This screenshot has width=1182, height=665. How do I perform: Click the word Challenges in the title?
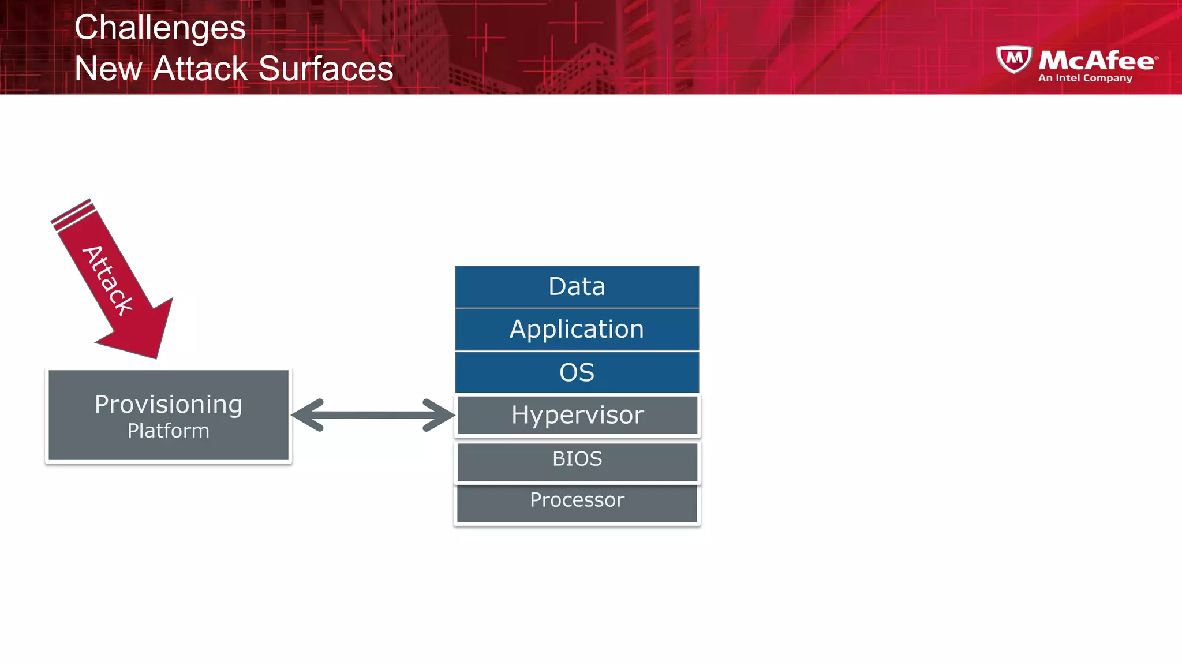click(x=160, y=28)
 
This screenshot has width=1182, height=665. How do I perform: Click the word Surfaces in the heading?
click(x=326, y=69)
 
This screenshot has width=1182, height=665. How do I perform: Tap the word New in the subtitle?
click(x=108, y=69)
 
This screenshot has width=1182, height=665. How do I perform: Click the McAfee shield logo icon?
click(x=1014, y=59)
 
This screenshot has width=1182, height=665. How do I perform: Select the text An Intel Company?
click(x=1085, y=78)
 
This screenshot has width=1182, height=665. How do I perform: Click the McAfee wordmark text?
click(x=1097, y=60)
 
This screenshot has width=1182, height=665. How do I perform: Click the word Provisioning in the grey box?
click(x=168, y=404)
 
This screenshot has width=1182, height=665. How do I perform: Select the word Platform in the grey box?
click(x=168, y=431)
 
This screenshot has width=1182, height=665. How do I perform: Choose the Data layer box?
click(x=577, y=286)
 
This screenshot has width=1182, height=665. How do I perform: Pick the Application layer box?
click(x=577, y=329)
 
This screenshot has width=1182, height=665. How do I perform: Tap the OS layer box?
click(x=577, y=372)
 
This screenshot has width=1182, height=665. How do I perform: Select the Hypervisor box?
click(x=577, y=415)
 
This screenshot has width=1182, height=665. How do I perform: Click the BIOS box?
click(x=577, y=461)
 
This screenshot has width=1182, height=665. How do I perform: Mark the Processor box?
click(x=577, y=502)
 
